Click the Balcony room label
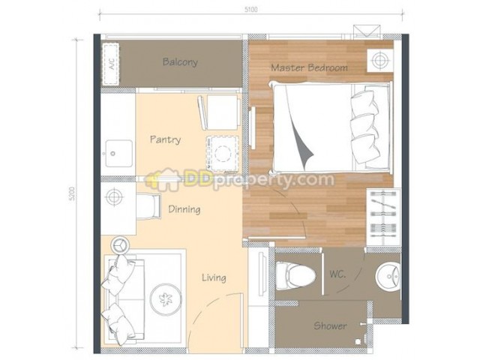tap(180, 62)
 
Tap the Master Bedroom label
tap(309, 67)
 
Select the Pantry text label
tap(165, 139)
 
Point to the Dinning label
tap(184, 209)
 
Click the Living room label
tap(214, 277)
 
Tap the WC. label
tap(337, 274)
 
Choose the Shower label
tap(330, 325)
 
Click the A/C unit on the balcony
tap(110, 64)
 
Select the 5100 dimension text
tap(250, 10)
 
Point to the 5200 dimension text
tap(72, 193)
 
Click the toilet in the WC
tap(295, 275)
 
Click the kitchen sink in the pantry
tap(119, 153)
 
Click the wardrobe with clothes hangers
tap(383, 217)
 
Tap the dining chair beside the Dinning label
tap(148, 206)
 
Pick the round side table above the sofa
tap(121, 245)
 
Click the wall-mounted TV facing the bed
tap(253, 127)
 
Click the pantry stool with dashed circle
tap(223, 154)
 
